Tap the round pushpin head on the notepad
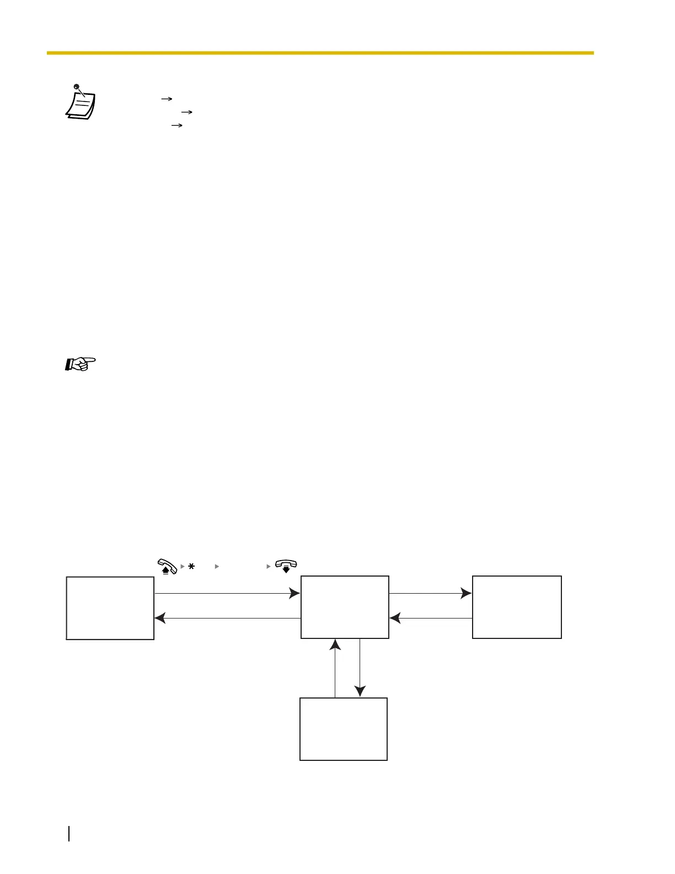[x=76, y=87]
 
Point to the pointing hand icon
[x=81, y=364]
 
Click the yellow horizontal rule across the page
[x=320, y=53]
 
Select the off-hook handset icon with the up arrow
[x=167, y=567]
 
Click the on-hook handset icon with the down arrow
[x=286, y=566]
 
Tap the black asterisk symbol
[x=191, y=567]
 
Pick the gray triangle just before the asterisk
[x=183, y=567]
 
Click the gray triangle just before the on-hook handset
[x=269, y=567]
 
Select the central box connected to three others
[x=345, y=607]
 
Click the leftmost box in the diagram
[x=110, y=608]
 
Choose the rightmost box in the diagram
[x=517, y=607]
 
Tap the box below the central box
[x=343, y=729]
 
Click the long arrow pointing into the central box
[x=227, y=594]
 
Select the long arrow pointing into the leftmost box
[x=227, y=619]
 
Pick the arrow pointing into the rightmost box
[x=430, y=594]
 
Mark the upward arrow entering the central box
[x=335, y=668]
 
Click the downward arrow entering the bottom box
[x=360, y=668]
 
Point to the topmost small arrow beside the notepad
[x=167, y=99]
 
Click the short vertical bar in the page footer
[x=69, y=833]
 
